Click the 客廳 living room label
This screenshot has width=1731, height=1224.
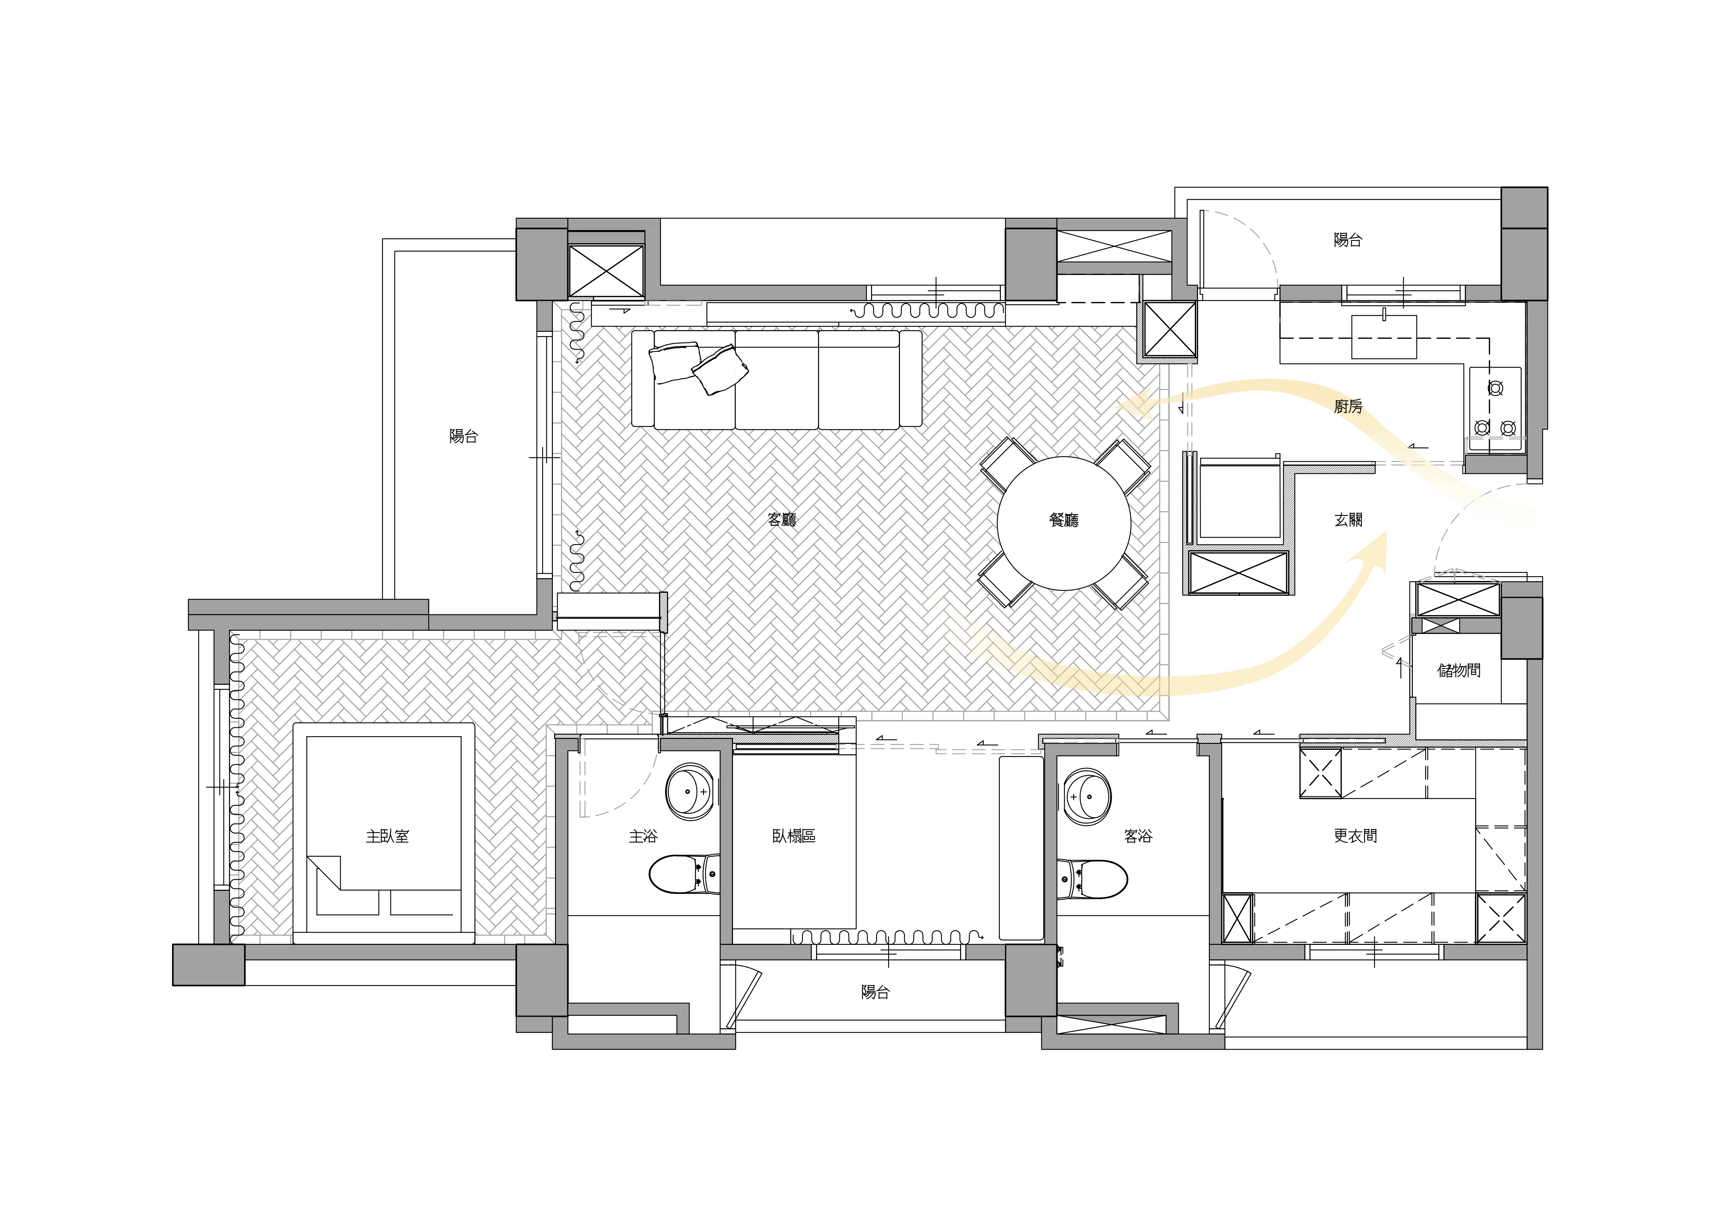click(782, 520)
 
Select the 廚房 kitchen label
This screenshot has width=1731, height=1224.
click(1348, 406)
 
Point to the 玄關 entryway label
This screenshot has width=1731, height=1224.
click(1348, 520)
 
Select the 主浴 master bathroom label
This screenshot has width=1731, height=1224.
click(643, 836)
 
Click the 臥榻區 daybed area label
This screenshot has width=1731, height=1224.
click(794, 836)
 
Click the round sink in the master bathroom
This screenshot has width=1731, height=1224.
click(690, 792)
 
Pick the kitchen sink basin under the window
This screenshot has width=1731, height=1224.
click(1384, 336)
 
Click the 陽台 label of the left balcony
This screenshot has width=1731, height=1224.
click(463, 436)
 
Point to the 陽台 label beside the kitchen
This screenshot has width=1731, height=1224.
click(1348, 240)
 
